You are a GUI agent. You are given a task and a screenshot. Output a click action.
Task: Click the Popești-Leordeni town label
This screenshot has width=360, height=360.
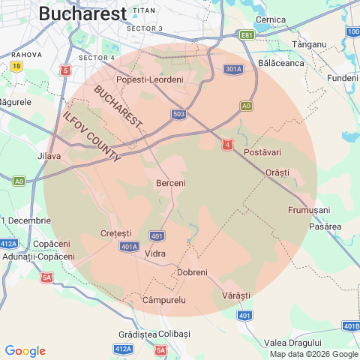pos(150,79)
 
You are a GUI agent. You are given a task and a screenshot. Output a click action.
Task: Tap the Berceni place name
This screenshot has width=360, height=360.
pos(170,183)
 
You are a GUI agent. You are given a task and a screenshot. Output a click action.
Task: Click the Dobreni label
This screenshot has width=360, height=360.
pos(192,272)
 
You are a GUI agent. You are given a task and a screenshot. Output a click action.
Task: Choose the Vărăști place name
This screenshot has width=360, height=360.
pos(236,296)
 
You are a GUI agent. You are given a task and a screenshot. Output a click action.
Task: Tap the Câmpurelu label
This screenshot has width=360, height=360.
pos(163,300)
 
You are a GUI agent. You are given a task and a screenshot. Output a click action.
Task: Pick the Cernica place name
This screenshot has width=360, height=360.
pos(271,19)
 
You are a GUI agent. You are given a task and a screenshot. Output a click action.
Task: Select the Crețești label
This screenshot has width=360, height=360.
pos(115,233)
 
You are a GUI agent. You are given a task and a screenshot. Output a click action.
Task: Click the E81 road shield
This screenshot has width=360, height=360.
pos(247,34)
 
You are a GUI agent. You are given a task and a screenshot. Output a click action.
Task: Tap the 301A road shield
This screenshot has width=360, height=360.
pos(233,70)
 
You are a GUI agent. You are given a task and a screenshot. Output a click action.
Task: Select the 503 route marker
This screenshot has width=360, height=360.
pos(178,114)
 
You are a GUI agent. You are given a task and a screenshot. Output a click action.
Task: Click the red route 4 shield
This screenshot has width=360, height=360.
pos(226,145)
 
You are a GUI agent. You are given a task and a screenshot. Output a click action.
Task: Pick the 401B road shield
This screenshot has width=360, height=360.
pos(351,326)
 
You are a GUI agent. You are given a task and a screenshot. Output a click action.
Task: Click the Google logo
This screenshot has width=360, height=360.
pos(25,351)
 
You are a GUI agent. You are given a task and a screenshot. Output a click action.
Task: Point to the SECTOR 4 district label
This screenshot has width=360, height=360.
pos(97,57)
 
